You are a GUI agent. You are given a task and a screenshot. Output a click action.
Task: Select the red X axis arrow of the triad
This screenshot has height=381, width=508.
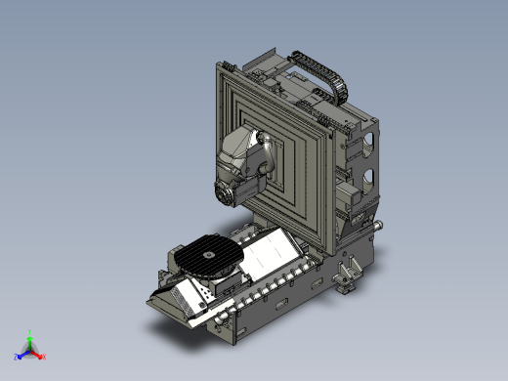pos(41,356)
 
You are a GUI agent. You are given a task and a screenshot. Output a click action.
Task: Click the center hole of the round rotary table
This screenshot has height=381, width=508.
pos(207,253)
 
